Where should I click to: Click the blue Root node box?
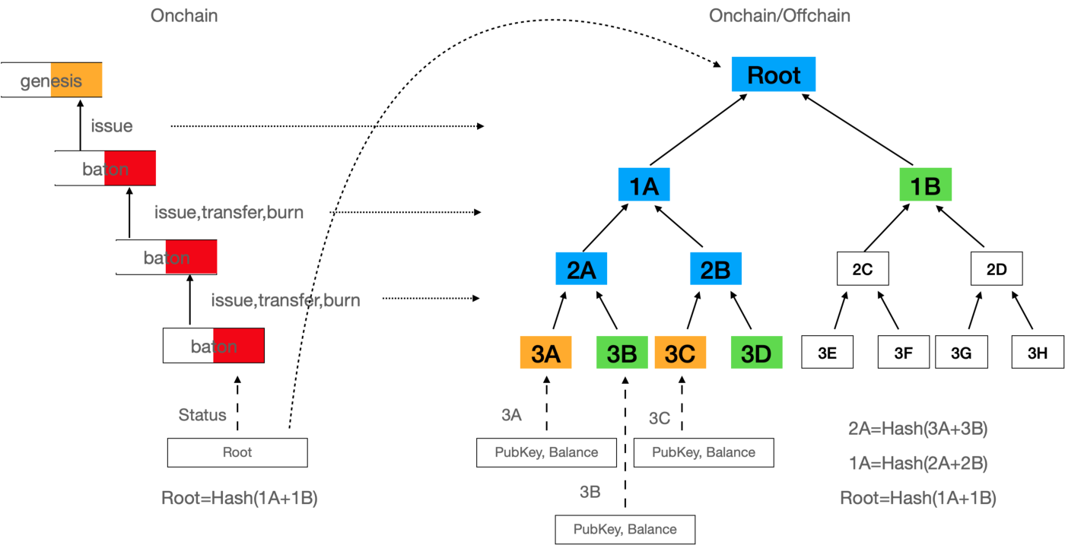tap(773, 74)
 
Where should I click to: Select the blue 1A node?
tap(644, 185)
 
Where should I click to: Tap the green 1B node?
tap(925, 185)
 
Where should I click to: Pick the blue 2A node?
tap(581, 268)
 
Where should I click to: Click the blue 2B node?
tap(715, 268)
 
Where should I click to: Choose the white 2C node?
tap(863, 269)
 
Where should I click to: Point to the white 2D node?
tap(997, 269)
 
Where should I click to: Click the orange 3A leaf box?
tap(545, 353)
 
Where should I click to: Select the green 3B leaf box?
tap(622, 353)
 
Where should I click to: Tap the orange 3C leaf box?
tap(680, 353)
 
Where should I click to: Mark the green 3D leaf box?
tap(756, 353)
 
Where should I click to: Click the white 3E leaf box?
tap(827, 353)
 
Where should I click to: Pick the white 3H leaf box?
tap(1038, 353)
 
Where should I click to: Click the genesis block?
tap(51, 80)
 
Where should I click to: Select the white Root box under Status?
tap(237, 452)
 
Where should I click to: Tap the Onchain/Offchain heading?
tap(780, 15)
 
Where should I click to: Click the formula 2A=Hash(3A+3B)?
tap(917, 429)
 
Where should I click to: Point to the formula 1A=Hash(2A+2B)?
tap(917, 463)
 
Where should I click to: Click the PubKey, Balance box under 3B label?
tap(625, 529)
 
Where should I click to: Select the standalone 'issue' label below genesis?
tap(112, 125)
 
